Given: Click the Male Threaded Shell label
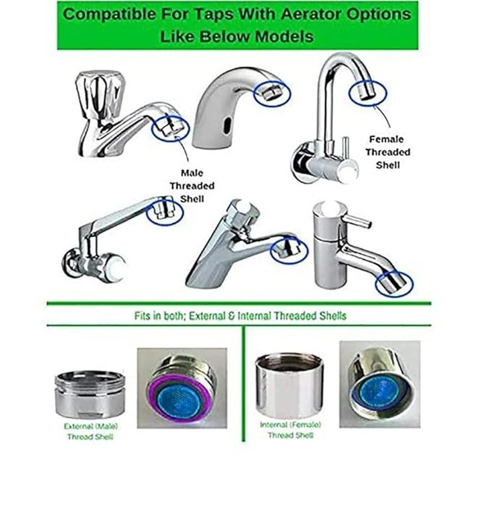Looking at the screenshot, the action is (192, 186).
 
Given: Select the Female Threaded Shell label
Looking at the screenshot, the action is (388, 152).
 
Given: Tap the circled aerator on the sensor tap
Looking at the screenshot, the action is (271, 93).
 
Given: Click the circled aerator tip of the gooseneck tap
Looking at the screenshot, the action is (367, 93).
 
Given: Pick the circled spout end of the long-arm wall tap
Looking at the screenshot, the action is (165, 211).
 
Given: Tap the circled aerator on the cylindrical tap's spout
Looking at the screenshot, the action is (394, 284).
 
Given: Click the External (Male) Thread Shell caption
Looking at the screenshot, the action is (90, 431).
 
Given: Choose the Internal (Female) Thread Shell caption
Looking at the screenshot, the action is (290, 429).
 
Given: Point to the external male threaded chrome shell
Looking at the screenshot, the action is (90, 394).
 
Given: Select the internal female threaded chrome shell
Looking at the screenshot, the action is (289, 385).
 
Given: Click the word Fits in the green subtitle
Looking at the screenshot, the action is (143, 316).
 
